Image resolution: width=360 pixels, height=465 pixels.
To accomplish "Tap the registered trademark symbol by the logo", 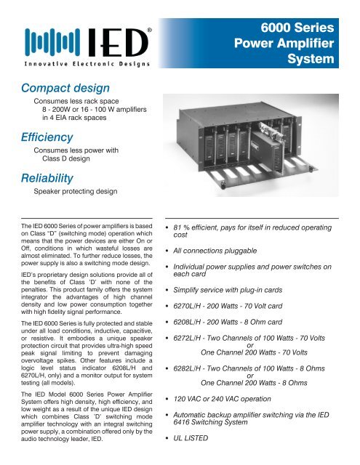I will (149, 29).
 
